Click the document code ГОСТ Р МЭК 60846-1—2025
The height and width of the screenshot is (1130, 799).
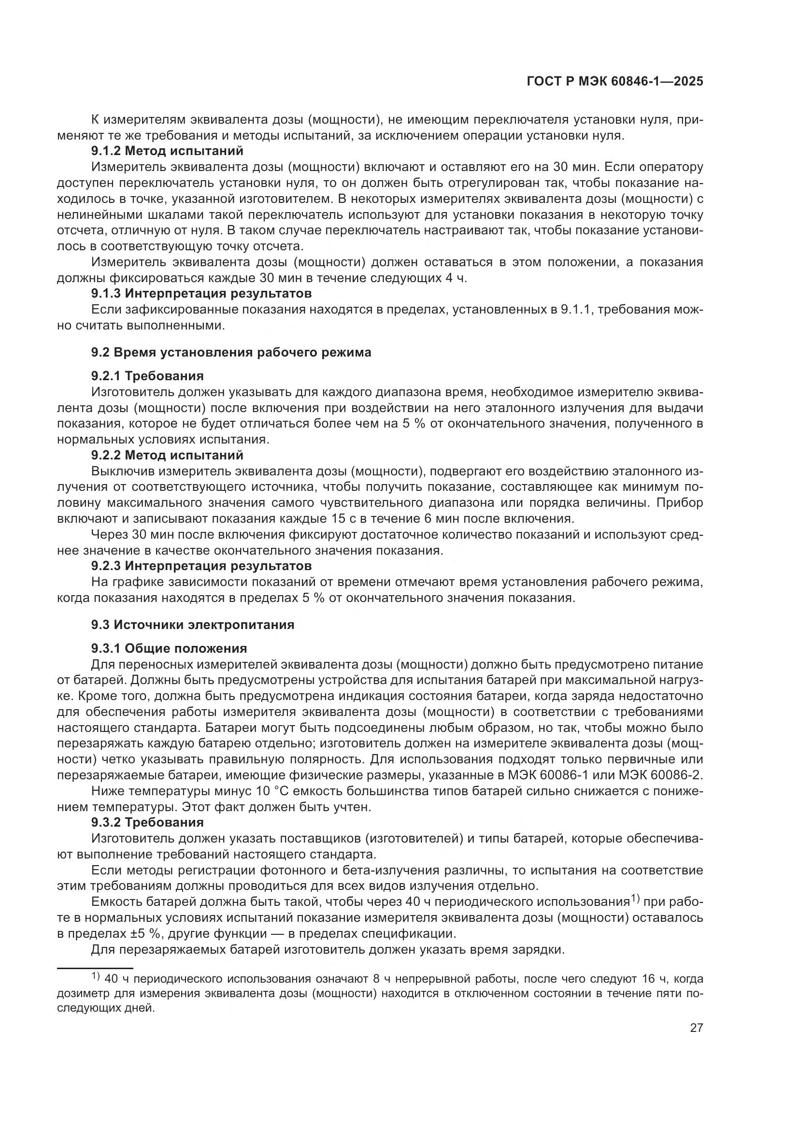tap(614, 82)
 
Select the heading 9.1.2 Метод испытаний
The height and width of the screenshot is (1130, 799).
tap(167, 151)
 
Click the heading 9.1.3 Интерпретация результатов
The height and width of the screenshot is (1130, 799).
tap(201, 294)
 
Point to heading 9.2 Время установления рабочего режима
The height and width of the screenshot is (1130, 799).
tap(231, 352)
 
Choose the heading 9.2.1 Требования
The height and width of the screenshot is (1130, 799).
tap(147, 376)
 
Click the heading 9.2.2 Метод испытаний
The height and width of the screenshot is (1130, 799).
tap(167, 455)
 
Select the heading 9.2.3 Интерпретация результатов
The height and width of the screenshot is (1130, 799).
tap(201, 566)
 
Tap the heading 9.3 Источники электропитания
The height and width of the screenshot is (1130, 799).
tap(192, 625)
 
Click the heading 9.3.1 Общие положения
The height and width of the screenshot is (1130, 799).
tap(169, 648)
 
